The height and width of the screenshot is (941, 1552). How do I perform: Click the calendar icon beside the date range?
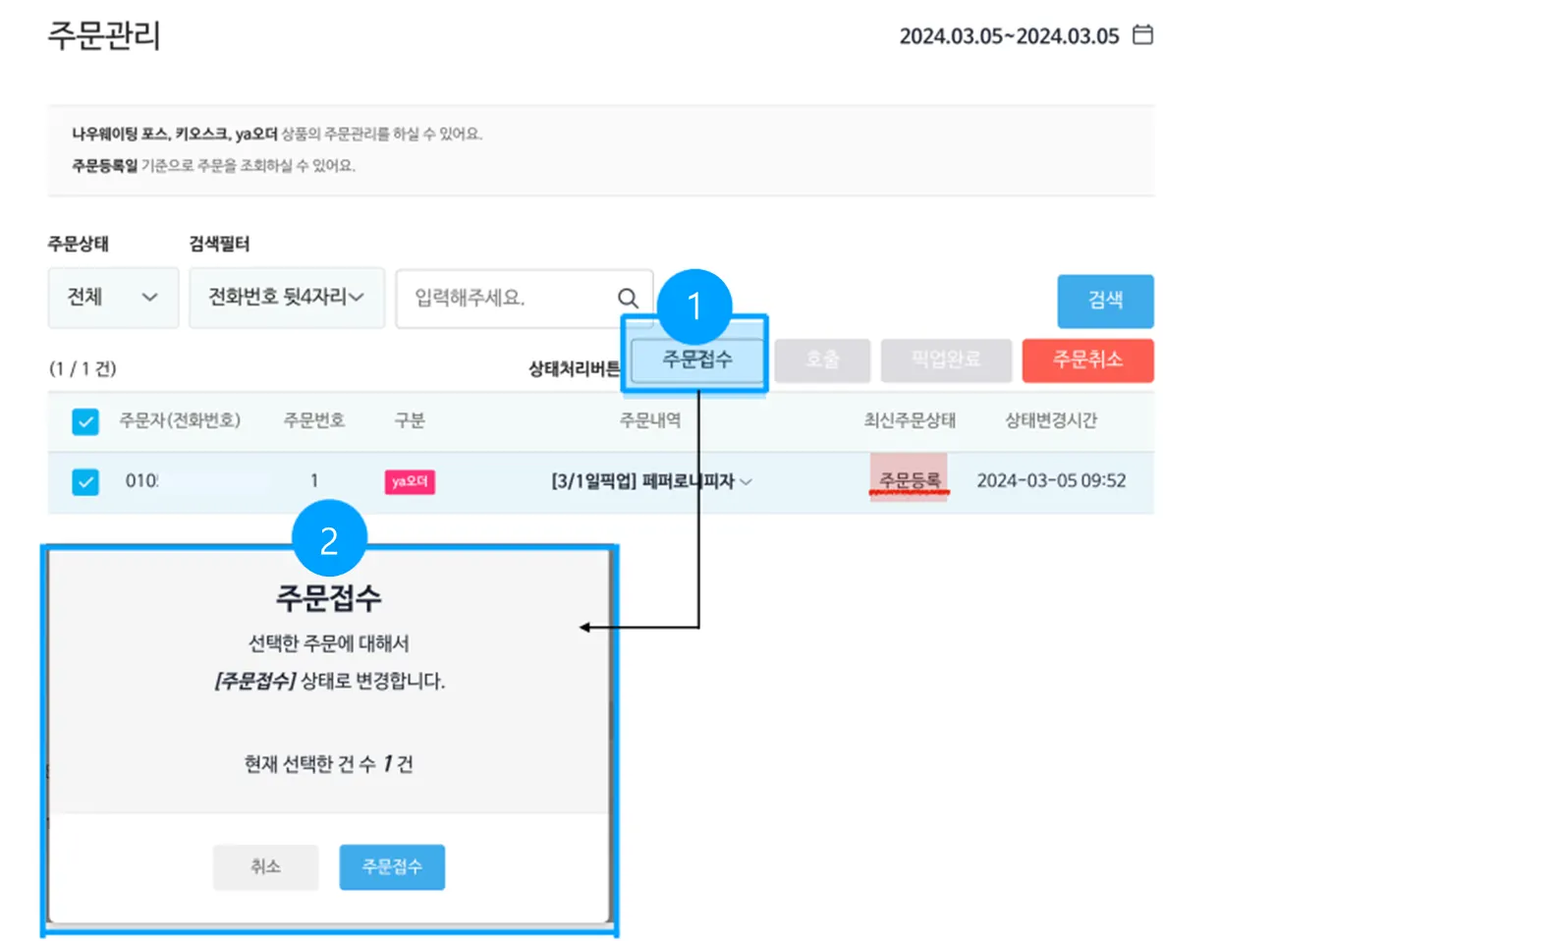(x=1142, y=35)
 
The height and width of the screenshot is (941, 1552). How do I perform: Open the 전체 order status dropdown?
(x=113, y=297)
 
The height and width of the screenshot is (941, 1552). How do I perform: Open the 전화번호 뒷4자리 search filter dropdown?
(x=286, y=297)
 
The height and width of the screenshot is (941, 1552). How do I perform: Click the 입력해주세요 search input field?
(x=506, y=298)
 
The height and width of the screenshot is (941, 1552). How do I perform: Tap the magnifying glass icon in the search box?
(x=628, y=298)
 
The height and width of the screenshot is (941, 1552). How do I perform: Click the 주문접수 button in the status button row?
(x=696, y=360)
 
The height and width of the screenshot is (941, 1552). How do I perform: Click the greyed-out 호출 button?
(x=822, y=360)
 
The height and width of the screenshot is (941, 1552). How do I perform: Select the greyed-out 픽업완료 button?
(x=945, y=360)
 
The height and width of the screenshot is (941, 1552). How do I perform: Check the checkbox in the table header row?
(x=85, y=421)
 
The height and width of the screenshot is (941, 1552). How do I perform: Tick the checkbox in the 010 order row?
(x=85, y=482)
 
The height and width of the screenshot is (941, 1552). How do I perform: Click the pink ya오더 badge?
(x=410, y=481)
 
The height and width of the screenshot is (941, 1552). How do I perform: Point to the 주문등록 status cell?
(x=909, y=479)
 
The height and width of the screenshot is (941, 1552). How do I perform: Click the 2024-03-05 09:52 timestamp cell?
(x=1051, y=480)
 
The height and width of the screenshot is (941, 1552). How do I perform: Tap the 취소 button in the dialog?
(x=265, y=866)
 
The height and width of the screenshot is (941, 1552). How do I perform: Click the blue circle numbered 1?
(x=694, y=305)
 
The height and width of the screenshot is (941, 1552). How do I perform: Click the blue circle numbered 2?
(x=329, y=538)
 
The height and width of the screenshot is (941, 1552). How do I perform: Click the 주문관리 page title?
(x=104, y=35)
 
